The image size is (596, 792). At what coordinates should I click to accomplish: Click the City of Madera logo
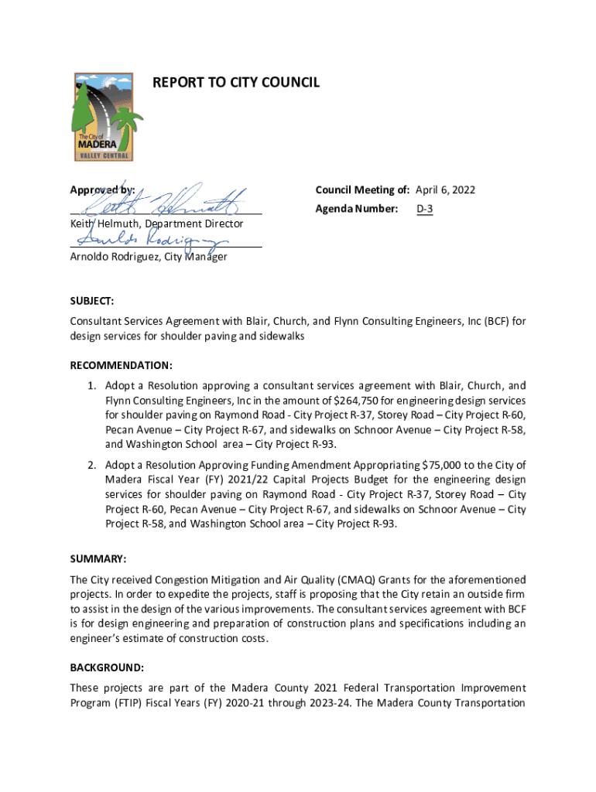[104, 117]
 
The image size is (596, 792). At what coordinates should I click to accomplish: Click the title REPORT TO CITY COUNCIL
[236, 82]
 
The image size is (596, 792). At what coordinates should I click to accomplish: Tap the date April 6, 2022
[445, 189]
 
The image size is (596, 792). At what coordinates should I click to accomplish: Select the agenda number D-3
[424, 209]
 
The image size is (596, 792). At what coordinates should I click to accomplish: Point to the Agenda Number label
[356, 209]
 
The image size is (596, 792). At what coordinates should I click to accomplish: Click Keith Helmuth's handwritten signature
[166, 202]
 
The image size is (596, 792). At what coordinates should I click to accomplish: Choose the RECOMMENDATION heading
[121, 365]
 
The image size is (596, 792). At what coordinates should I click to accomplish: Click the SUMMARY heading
[98, 558]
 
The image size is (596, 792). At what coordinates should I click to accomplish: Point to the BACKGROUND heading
[107, 667]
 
